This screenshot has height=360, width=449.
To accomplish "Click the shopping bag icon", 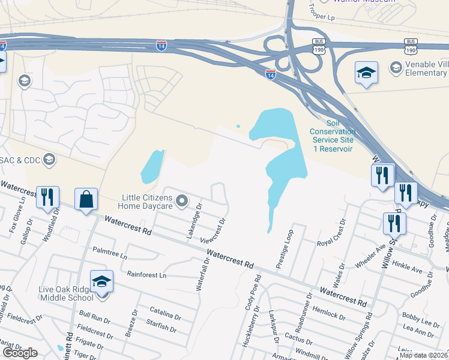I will (x=86, y=199).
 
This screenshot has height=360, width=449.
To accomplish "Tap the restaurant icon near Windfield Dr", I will (x=47, y=197).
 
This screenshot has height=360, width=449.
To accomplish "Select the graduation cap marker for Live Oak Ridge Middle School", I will (x=101, y=281).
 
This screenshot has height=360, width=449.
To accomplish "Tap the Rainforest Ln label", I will (x=146, y=274).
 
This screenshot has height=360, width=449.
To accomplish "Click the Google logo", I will (x=20, y=352).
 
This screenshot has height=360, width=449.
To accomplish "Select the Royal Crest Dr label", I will (x=331, y=234).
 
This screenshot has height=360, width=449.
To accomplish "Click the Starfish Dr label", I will (x=160, y=328).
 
